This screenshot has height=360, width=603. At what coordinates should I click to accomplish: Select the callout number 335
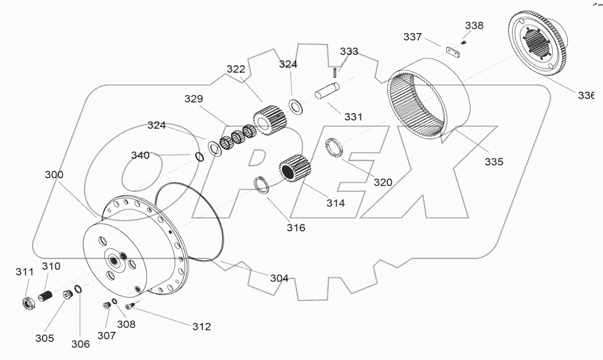point(493,162)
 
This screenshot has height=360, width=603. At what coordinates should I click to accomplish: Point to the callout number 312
point(201,327)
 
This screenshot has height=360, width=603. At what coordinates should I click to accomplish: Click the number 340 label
point(140,155)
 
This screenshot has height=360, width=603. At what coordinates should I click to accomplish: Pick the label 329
point(194,99)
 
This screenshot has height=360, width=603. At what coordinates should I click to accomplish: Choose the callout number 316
point(296,227)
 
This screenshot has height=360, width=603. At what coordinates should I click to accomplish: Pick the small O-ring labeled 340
point(199,157)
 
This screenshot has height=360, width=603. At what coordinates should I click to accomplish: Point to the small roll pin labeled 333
point(335,72)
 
